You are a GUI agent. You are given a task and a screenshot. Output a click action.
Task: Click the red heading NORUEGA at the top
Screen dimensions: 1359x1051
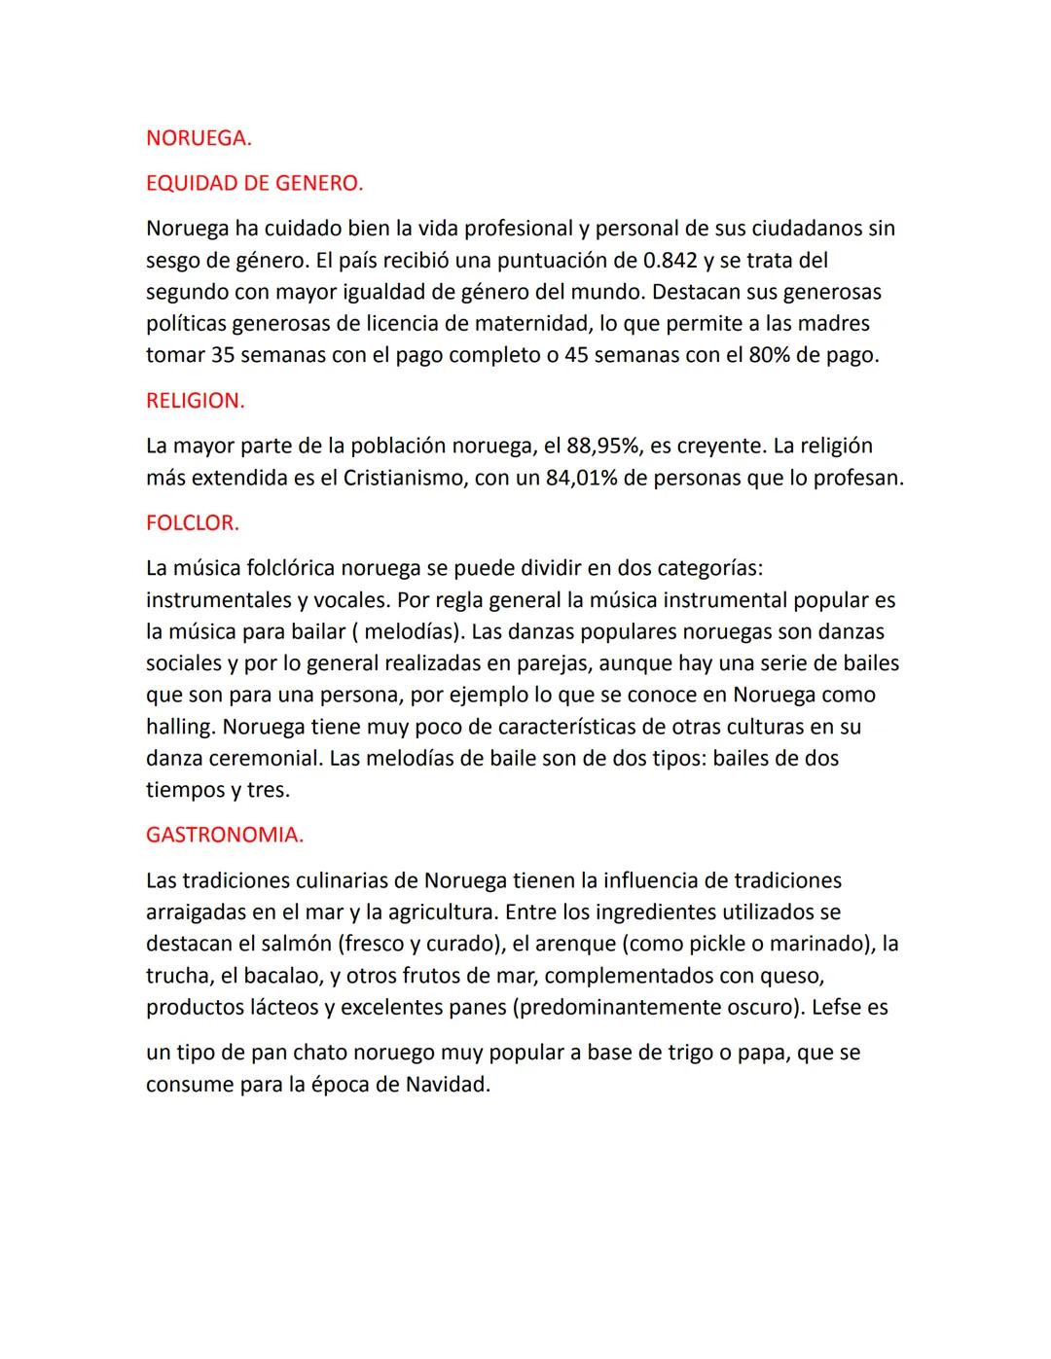pos(198,138)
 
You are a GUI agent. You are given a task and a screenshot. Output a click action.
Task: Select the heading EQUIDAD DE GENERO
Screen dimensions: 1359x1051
pos(254,183)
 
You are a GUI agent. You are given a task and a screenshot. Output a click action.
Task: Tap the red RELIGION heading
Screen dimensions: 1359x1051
pos(195,401)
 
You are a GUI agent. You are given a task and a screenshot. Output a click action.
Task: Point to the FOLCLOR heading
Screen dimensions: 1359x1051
pos(192,523)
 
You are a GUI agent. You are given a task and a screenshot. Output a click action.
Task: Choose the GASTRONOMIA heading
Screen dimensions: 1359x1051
pos(224,835)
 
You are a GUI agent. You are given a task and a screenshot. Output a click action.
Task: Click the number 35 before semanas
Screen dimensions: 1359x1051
pos(223,355)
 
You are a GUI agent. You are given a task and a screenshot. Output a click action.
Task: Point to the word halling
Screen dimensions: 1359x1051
pos(181,728)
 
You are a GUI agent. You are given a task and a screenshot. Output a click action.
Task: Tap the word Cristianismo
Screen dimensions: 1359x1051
pos(404,479)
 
